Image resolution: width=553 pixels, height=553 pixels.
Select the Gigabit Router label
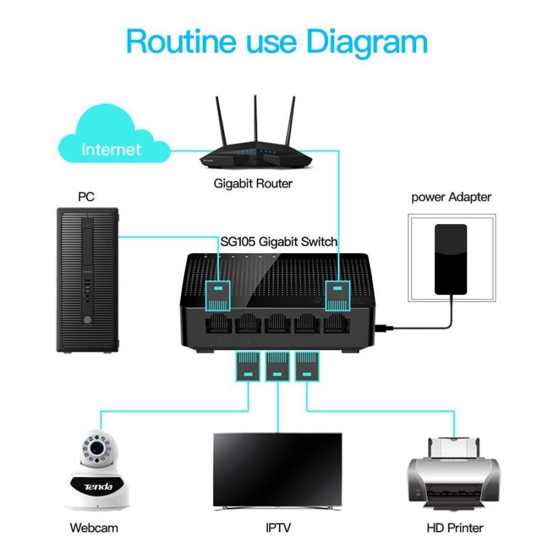pyautogui.click(x=253, y=183)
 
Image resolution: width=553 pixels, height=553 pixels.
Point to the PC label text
pyautogui.click(x=86, y=197)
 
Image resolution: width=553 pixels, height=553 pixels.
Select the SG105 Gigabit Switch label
pyautogui.click(x=279, y=241)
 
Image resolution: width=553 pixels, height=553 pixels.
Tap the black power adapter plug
pyautogui.click(x=450, y=259)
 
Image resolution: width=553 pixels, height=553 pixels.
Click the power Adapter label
pyautogui.click(x=451, y=197)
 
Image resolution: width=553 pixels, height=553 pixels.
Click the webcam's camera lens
pyautogui.click(x=95, y=449)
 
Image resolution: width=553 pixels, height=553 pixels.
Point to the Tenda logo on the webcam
pyautogui.click(x=99, y=487)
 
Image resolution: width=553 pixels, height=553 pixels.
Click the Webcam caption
pyautogui.click(x=94, y=528)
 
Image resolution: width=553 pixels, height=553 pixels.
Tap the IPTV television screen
pyautogui.click(x=277, y=468)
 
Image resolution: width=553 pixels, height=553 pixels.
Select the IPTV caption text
pyautogui.click(x=277, y=528)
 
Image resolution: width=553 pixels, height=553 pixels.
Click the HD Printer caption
pyautogui.click(x=455, y=528)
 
